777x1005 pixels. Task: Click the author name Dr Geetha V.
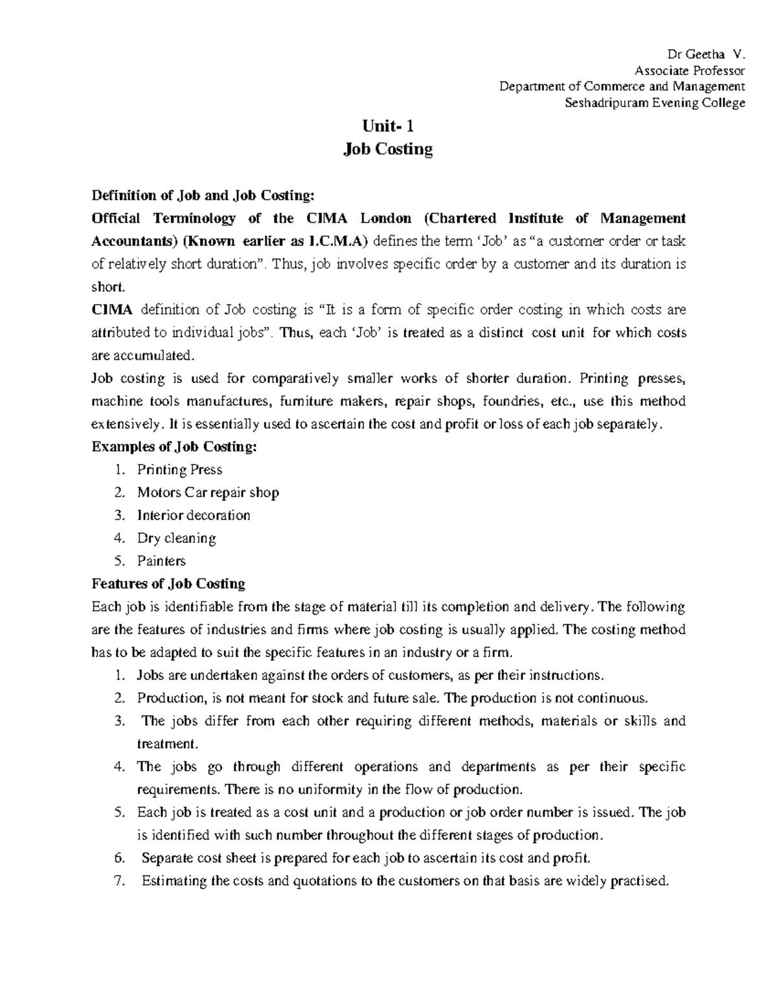pos(710,54)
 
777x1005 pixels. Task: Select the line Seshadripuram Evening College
pos(655,103)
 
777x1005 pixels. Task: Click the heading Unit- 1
pos(387,126)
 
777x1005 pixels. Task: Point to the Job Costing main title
pos(387,149)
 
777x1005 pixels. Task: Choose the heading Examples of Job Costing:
pos(174,447)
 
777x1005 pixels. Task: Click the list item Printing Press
pos(179,470)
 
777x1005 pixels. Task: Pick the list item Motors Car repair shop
pos(208,492)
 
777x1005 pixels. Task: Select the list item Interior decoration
pos(193,515)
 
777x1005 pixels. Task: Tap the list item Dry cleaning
pos(176,538)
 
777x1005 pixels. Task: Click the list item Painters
pos(161,560)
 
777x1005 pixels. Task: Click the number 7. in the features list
pos(118,881)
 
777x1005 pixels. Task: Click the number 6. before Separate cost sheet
pos(118,858)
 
